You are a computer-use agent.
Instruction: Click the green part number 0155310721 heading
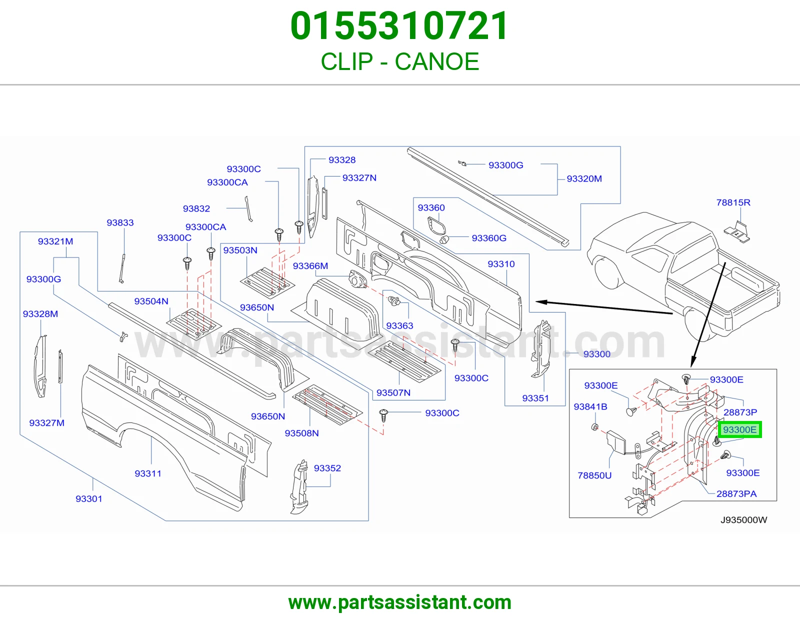(x=399, y=26)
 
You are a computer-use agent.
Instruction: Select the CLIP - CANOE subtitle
(x=400, y=61)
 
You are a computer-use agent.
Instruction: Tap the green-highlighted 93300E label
(x=739, y=429)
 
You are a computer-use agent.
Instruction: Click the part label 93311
(x=148, y=473)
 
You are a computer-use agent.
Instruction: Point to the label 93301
(x=88, y=498)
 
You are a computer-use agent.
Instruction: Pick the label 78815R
(x=733, y=202)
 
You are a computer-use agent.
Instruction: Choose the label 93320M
(x=584, y=178)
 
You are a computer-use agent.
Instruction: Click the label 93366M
(x=310, y=266)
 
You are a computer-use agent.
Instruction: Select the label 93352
(x=327, y=468)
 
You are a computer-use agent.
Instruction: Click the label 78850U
(x=594, y=475)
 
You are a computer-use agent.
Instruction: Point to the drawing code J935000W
(x=743, y=520)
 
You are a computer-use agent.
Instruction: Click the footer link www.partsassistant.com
(x=400, y=602)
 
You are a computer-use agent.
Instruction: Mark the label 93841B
(x=590, y=406)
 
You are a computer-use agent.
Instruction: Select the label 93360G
(x=489, y=238)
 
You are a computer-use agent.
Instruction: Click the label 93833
(x=120, y=222)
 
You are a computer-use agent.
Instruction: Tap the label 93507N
(x=393, y=393)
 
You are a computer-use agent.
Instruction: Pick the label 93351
(x=535, y=398)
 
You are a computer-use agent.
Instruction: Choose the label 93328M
(x=40, y=314)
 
